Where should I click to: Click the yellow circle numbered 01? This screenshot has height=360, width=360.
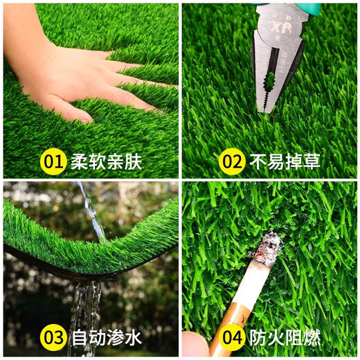pos(54,162)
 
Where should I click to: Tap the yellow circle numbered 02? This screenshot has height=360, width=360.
pos(233,162)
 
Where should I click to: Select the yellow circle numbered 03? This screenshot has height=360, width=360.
pos(54,338)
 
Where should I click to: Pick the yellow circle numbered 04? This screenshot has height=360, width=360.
pos(233,338)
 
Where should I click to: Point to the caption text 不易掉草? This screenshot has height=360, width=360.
pos(285,162)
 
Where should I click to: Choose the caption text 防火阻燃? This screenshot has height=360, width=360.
pos(285,338)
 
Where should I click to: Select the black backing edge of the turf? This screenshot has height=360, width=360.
pos(42,260)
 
